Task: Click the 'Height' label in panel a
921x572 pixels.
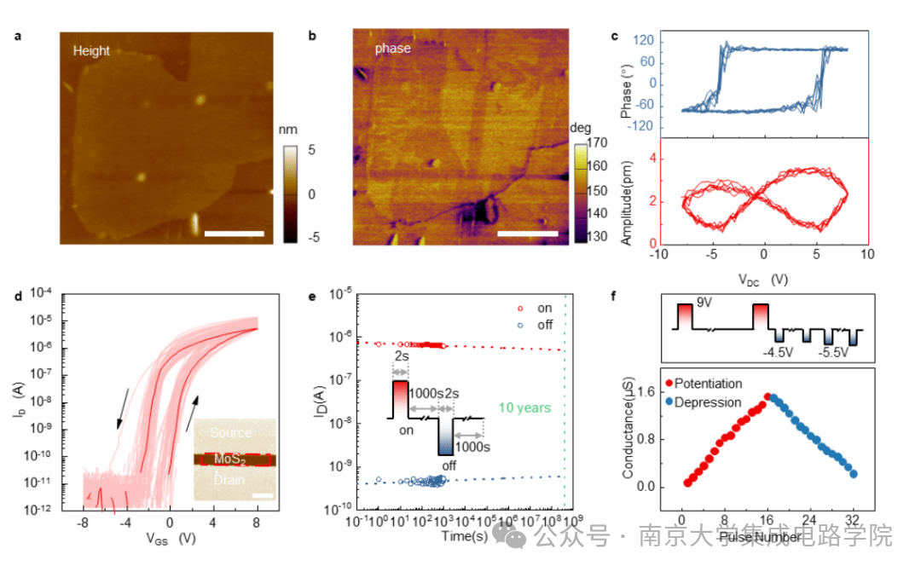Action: (x=91, y=51)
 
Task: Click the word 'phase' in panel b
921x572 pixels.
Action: (x=393, y=49)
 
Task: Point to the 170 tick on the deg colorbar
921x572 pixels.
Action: (x=600, y=143)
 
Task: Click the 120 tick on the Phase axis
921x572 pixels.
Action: (x=646, y=41)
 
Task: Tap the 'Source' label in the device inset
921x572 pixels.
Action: (x=230, y=433)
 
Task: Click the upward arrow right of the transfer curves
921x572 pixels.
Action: (x=195, y=407)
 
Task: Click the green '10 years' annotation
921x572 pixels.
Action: (x=526, y=407)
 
